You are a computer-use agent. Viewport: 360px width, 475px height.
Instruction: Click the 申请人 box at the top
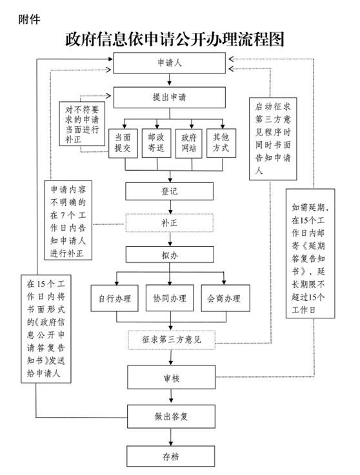pyautogui.click(x=169, y=63)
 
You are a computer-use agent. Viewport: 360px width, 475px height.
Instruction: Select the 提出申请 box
pyautogui.click(x=169, y=97)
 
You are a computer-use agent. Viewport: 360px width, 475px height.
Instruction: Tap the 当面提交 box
pyautogui.click(x=123, y=143)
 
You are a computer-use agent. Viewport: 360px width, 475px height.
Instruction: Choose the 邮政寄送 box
pyautogui.click(x=157, y=143)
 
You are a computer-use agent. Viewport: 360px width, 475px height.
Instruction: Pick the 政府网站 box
pyautogui.click(x=188, y=143)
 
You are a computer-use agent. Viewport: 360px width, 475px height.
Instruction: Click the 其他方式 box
pyautogui.click(x=221, y=143)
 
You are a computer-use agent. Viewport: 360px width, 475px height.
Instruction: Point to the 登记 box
pyautogui.click(x=169, y=191)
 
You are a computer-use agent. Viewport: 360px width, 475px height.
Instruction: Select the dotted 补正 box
pyautogui.click(x=169, y=223)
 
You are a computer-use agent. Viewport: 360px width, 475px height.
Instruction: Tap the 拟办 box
pyautogui.click(x=170, y=255)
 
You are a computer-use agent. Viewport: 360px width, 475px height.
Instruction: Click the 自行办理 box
pyautogui.click(x=115, y=298)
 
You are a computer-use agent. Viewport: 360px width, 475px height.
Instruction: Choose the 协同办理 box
pyautogui.click(x=170, y=298)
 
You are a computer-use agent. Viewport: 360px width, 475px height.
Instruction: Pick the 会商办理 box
pyautogui.click(x=225, y=298)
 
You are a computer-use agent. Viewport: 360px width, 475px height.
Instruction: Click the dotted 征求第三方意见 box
pyautogui.click(x=172, y=340)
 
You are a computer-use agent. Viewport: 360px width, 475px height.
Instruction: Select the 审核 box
pyautogui.click(x=172, y=378)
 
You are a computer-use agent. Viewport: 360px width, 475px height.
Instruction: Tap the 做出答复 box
pyautogui.click(x=171, y=416)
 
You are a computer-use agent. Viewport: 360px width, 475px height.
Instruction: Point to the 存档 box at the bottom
pyautogui.click(x=171, y=456)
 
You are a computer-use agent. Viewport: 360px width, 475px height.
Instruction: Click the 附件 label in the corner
pyautogui.click(x=29, y=20)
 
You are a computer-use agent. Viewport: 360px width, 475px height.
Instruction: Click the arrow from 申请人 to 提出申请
pyautogui.click(x=169, y=80)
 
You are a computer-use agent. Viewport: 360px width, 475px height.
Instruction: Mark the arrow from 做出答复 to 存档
pyautogui.click(x=171, y=437)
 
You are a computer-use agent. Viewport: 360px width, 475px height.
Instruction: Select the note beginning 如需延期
pyautogui.click(x=310, y=253)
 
